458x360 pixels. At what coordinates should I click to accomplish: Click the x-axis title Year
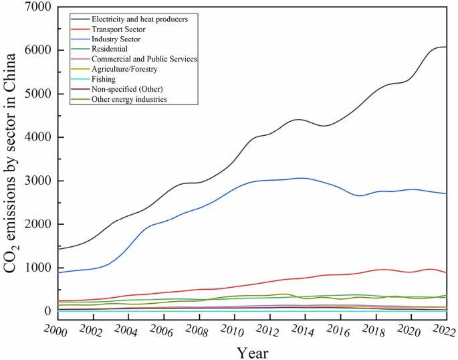click(253, 351)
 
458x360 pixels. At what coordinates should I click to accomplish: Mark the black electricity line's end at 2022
click(447, 47)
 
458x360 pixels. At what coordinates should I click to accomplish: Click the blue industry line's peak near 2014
click(303, 178)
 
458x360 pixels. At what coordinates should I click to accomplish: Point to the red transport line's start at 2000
click(59, 300)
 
